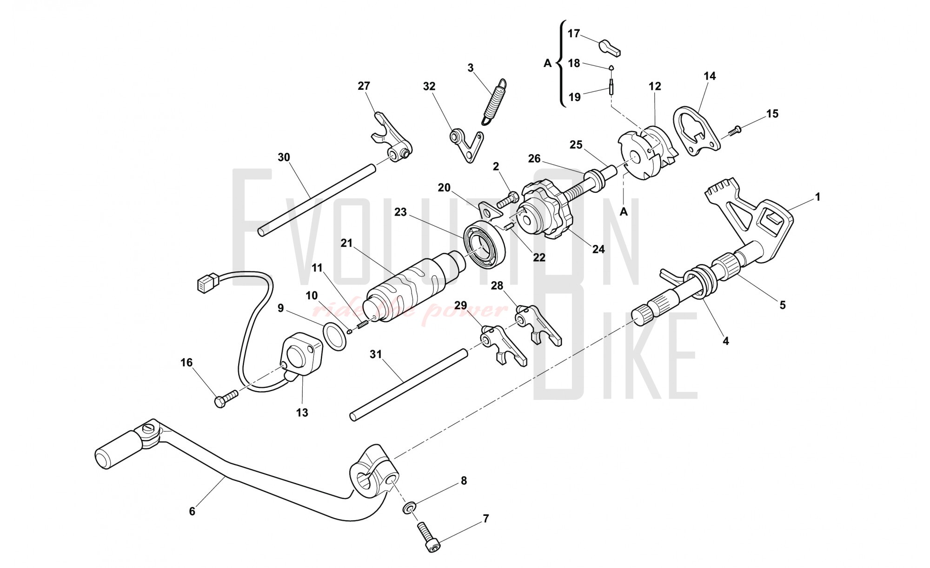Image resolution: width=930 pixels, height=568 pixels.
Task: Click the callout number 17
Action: point(574,34)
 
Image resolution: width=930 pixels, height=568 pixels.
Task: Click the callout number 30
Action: point(284,157)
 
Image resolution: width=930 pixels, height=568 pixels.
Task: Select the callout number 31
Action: point(376,354)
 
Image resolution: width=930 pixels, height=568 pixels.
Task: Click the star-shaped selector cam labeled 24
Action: point(544,214)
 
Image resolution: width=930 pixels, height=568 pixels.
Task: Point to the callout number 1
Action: point(817,197)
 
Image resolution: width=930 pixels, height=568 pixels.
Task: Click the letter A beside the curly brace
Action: point(548,63)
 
